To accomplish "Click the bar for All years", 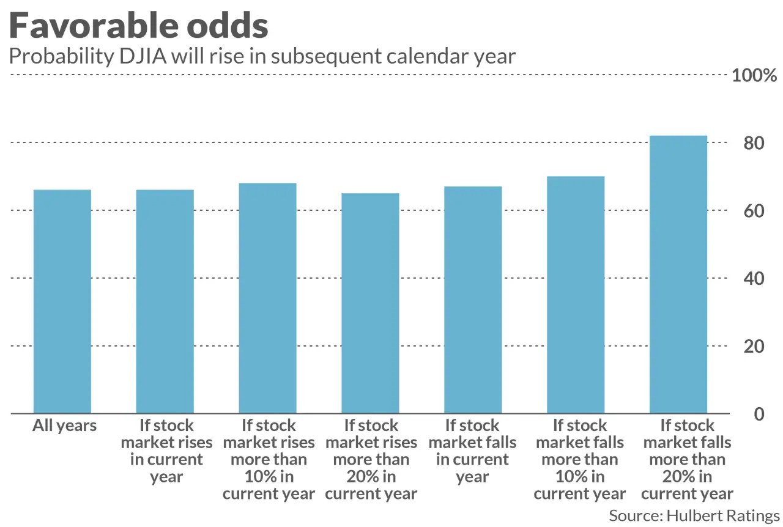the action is pyautogui.click(x=62, y=301).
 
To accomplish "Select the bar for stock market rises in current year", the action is pyautogui.click(x=165, y=301).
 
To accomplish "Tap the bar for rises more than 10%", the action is pyautogui.click(x=268, y=298).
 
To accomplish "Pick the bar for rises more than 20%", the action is pyautogui.click(x=370, y=303).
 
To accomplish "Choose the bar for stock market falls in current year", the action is pyautogui.click(x=473, y=300).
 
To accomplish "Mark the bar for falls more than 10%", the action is pyautogui.click(x=576, y=295).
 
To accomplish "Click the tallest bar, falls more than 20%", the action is pyautogui.click(x=678, y=275).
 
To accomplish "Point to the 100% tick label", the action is pyautogui.click(x=754, y=75).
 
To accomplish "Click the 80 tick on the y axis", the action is pyautogui.click(x=754, y=143).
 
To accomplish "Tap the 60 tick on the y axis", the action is pyautogui.click(x=754, y=211).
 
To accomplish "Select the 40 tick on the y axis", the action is pyautogui.click(x=754, y=279).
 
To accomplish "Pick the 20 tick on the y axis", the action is pyautogui.click(x=754, y=346).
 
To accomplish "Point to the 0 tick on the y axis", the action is pyautogui.click(x=759, y=414).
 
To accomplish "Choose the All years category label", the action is pyautogui.click(x=64, y=426).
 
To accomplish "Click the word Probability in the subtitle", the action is pyautogui.click(x=62, y=57).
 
